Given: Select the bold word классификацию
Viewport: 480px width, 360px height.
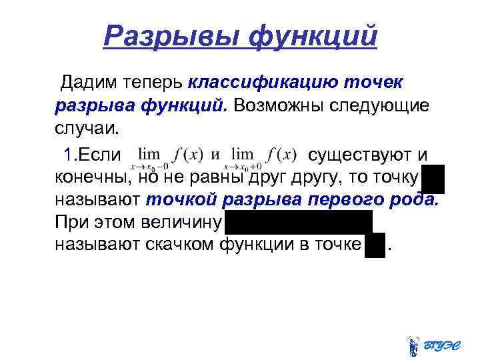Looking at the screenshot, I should point(263,83).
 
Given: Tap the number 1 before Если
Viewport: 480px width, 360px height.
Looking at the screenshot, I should point(67,155).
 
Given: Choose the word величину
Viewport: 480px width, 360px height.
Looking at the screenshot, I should point(181,222).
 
